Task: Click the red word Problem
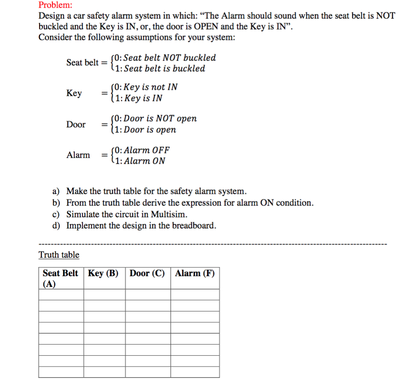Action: pos(55,5)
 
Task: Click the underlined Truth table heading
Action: pos(59,255)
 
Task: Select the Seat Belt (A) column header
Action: pos(61,278)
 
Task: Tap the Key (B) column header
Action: pos(103,273)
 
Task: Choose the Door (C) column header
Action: pos(147,273)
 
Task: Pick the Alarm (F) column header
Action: pos(195,273)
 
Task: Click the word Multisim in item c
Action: pos(169,214)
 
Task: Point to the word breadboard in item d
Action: pos(193,226)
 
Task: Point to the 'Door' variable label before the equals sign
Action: pos(76,125)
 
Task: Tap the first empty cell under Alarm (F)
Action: pos(195,294)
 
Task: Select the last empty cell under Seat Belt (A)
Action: pos(61,372)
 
